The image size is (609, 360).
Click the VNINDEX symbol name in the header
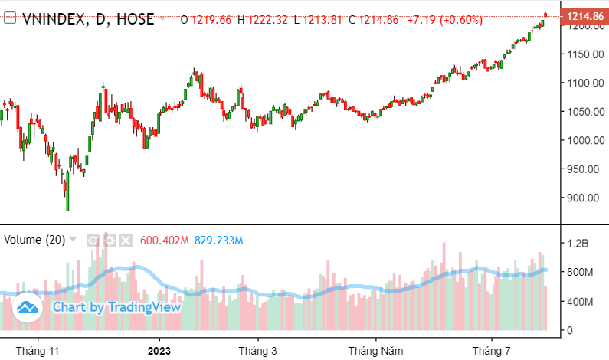(x=51, y=18)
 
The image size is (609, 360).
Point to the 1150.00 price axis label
(x=581, y=54)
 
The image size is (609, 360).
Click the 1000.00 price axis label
(x=581, y=140)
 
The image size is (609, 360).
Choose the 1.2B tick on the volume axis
(x=576, y=244)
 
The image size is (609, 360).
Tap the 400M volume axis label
(x=578, y=302)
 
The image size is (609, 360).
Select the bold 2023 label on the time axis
(x=159, y=350)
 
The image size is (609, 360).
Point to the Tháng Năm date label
(x=375, y=350)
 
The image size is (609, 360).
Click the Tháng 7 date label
(x=490, y=350)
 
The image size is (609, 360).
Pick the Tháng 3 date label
(x=257, y=350)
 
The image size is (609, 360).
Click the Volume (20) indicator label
(x=34, y=240)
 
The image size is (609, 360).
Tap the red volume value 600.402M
(x=164, y=240)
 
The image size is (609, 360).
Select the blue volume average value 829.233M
(x=219, y=240)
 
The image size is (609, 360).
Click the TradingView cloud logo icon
(x=28, y=307)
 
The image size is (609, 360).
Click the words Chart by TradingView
(x=116, y=307)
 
